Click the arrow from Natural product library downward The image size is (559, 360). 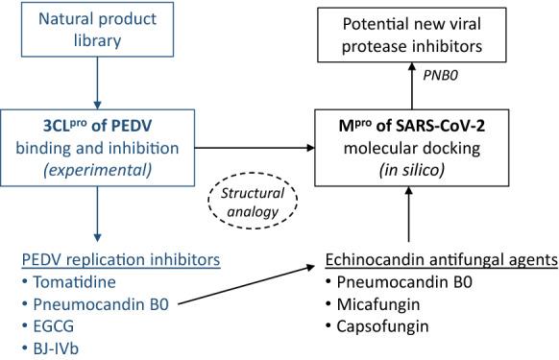[97, 83]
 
